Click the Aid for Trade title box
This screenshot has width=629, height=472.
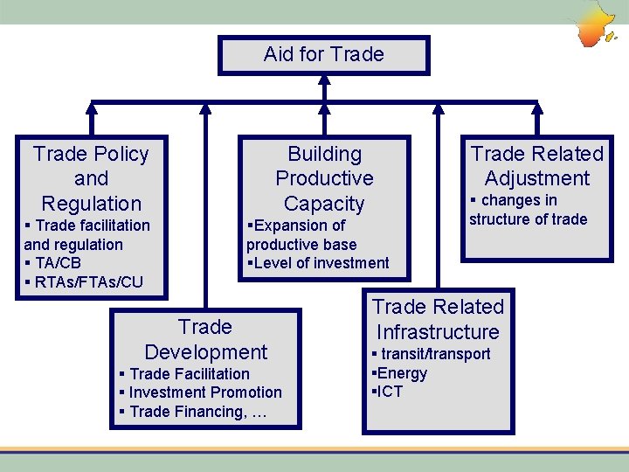[x=324, y=54]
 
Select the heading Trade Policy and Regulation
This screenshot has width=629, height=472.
[x=91, y=178]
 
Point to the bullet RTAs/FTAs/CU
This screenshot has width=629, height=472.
[x=84, y=282]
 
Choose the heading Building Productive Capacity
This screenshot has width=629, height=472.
[x=324, y=178]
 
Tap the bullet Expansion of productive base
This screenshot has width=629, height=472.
[x=301, y=235]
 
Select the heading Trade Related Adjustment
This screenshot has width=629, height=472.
[x=537, y=166]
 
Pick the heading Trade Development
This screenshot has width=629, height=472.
[x=205, y=339]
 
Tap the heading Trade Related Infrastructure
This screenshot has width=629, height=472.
[x=438, y=319]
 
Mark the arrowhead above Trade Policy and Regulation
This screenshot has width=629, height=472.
[x=92, y=108]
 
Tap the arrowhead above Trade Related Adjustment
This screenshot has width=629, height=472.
[x=537, y=108]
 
